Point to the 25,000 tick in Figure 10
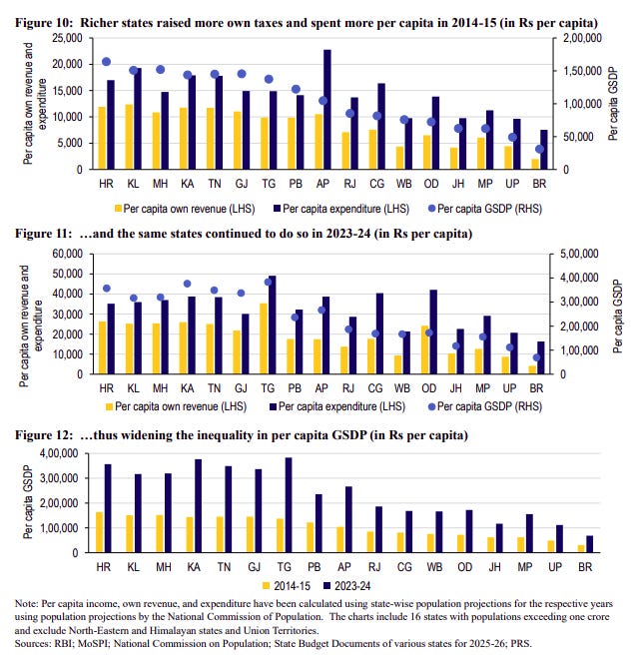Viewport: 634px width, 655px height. point(68,37)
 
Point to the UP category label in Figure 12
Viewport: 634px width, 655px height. point(507,565)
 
